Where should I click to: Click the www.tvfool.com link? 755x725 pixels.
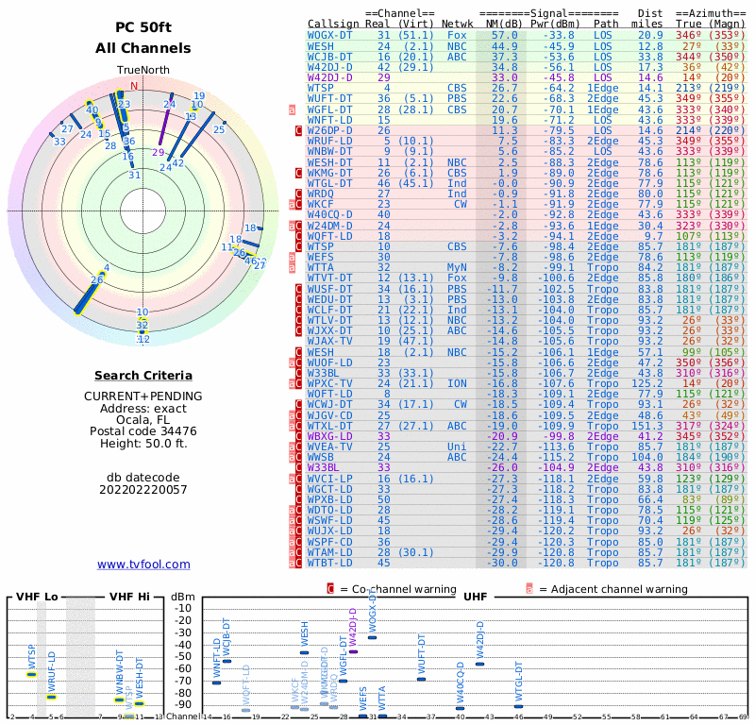143,565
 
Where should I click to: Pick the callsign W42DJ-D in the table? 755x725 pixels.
330,67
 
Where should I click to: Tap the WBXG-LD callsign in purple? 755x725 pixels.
330,436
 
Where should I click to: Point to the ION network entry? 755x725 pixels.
459,384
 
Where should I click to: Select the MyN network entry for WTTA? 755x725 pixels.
457,267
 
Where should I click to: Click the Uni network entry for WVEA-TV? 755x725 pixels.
459,447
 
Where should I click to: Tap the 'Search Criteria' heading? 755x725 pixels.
143,376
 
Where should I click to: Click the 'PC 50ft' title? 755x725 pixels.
143,27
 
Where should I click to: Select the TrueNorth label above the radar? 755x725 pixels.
143,71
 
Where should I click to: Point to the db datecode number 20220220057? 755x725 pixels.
143,489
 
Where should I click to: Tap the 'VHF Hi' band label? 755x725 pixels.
128,597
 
